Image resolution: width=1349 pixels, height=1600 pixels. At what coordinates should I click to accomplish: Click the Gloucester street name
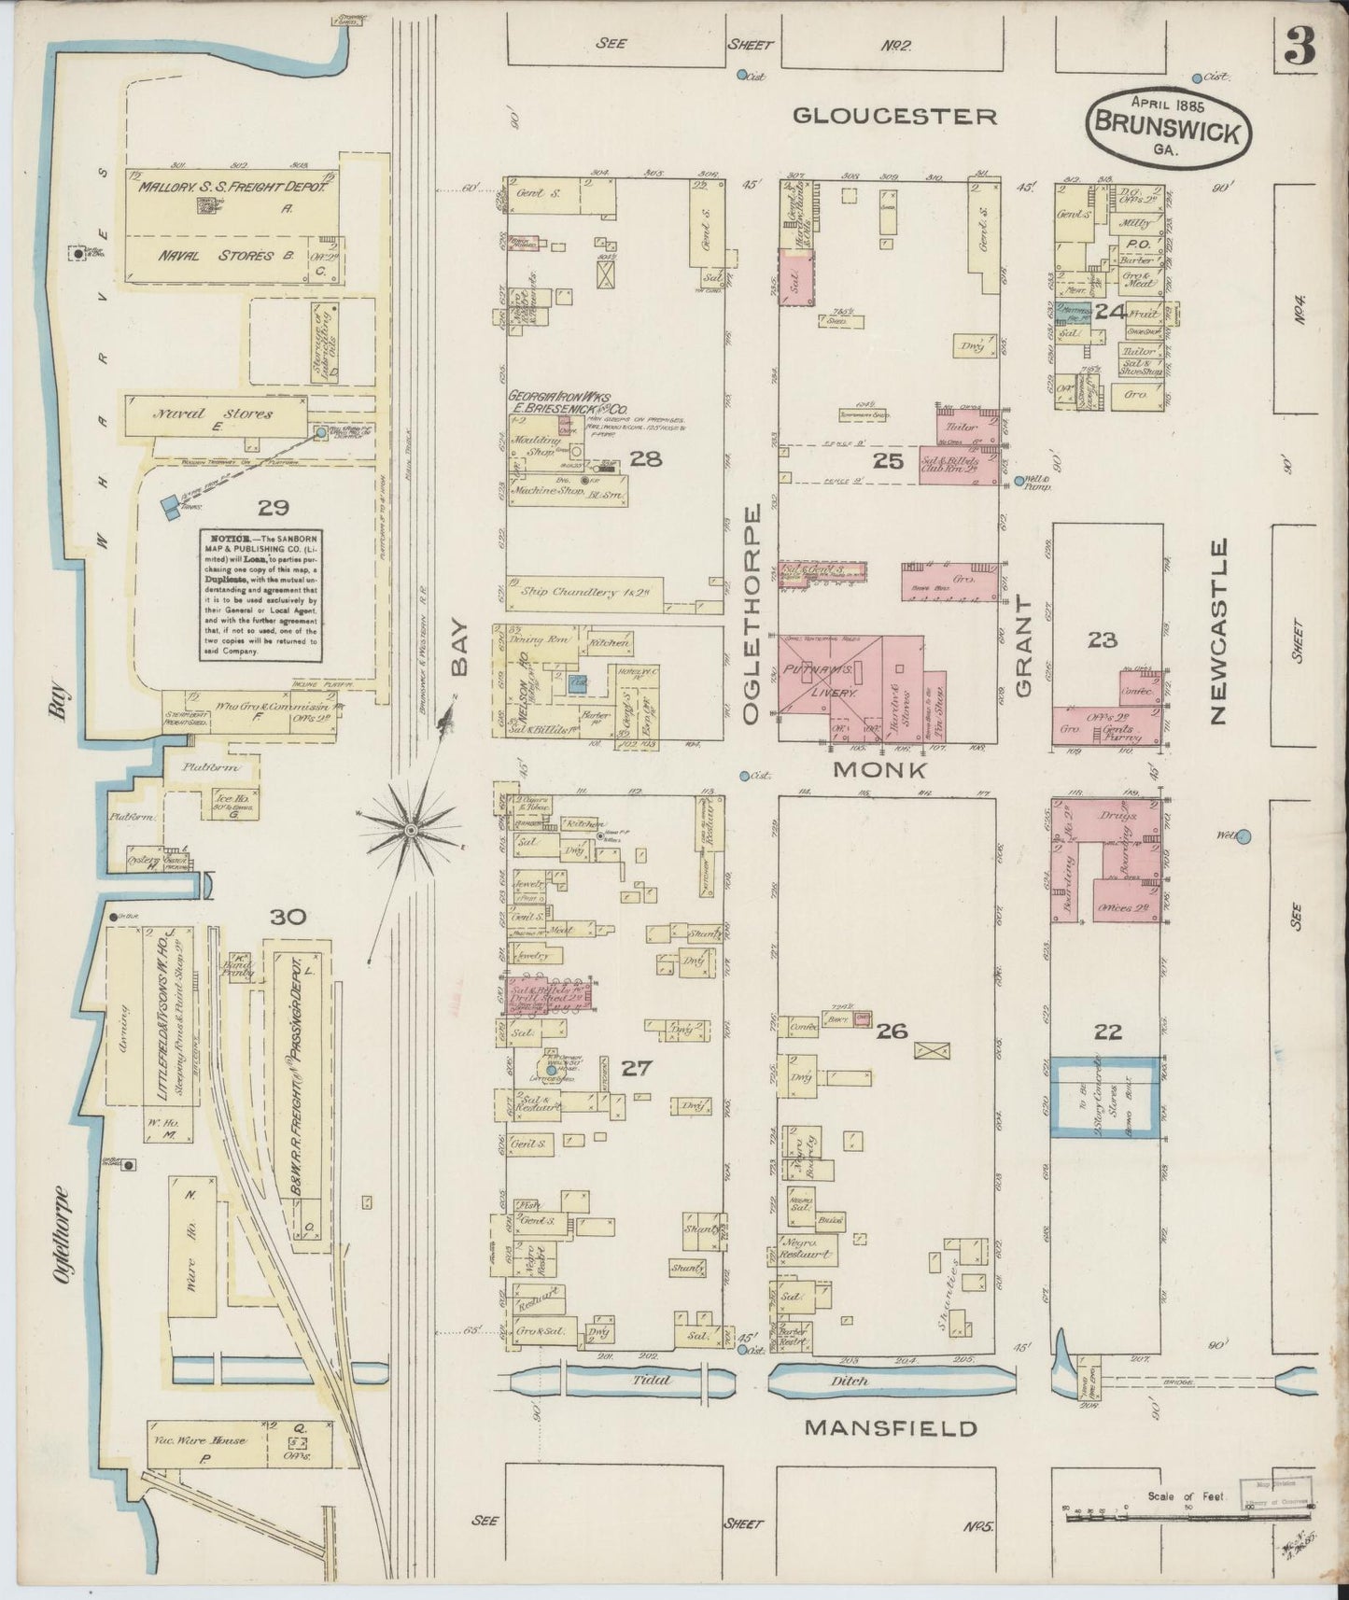tap(895, 116)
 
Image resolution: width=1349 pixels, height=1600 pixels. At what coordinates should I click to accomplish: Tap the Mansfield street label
tap(891, 1428)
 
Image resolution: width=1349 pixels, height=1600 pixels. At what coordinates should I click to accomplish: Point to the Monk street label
tap(879, 770)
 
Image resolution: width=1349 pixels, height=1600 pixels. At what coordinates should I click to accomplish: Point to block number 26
tap(892, 1031)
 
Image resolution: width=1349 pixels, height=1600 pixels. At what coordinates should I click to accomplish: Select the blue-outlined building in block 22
tap(1106, 1097)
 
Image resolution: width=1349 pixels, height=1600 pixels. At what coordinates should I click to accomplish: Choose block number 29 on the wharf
tap(273, 508)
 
